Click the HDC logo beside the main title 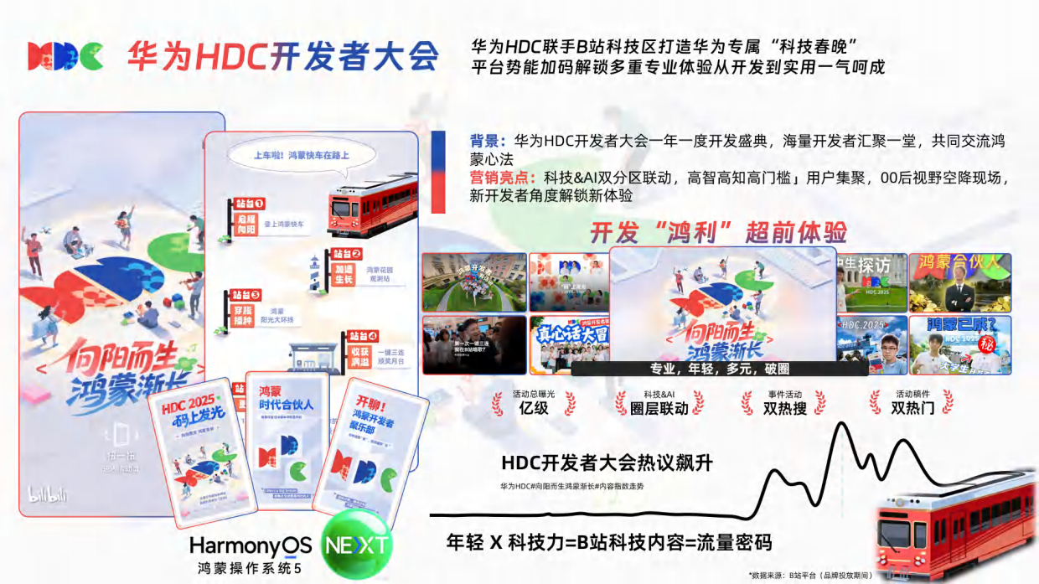click(x=65, y=56)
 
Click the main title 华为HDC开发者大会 click(x=283, y=56)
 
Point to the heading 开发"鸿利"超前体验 click(x=718, y=232)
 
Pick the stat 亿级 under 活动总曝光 click(x=533, y=408)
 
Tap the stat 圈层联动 click(x=659, y=409)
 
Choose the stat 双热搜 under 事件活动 click(x=784, y=409)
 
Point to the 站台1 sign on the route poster click(x=248, y=203)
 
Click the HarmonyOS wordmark click(x=251, y=545)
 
